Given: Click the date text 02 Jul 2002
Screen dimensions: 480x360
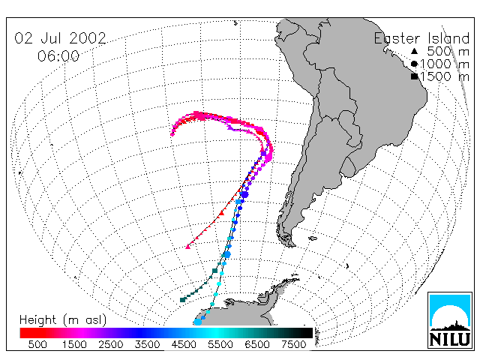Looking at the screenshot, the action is pyautogui.click(x=60, y=38).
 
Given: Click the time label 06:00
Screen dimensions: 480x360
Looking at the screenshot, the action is pyautogui.click(x=58, y=56).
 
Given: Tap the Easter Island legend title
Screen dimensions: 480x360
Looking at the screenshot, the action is pyautogui.click(x=421, y=38).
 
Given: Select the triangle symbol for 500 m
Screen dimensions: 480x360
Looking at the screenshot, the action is pyautogui.click(x=414, y=51).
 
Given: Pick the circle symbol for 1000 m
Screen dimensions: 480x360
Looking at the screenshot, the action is pyautogui.click(x=414, y=64).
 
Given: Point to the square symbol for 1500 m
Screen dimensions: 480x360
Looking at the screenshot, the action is pyautogui.click(x=414, y=76).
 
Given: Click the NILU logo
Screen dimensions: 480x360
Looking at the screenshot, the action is pyautogui.click(x=450, y=320).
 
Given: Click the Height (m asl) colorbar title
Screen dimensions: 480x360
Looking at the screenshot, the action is pyautogui.click(x=63, y=319).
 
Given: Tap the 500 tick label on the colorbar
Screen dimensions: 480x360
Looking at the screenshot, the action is pyautogui.click(x=37, y=344).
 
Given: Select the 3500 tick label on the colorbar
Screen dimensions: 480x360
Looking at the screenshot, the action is pyautogui.click(x=147, y=344).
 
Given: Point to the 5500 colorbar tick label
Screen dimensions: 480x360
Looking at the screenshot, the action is pyautogui.click(x=220, y=344).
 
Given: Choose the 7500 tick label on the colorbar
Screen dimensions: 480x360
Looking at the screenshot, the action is pyautogui.click(x=294, y=344).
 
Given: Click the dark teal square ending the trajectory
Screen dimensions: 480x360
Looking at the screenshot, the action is pyautogui.click(x=183, y=300).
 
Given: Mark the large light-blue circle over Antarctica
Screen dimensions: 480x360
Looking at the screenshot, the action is pyautogui.click(x=198, y=322).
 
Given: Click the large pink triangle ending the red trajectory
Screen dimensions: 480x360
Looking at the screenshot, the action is pyautogui.click(x=188, y=247).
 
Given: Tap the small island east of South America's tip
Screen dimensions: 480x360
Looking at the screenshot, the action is pyautogui.click(x=313, y=238).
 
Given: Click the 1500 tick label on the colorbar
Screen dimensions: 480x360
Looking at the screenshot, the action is pyautogui.click(x=74, y=344).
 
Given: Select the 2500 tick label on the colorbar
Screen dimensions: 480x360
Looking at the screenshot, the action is pyautogui.click(x=111, y=344).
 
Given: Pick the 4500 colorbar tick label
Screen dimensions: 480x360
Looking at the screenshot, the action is pyautogui.click(x=184, y=344).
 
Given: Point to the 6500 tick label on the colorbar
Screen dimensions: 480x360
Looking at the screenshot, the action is pyautogui.click(x=257, y=344).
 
